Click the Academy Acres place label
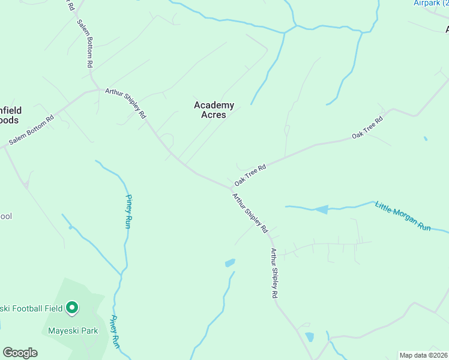[x=214, y=110]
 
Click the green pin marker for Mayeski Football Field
[x=72, y=308]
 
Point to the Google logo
[x=20, y=353]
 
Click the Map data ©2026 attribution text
[x=423, y=355]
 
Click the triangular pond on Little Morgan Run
[x=321, y=209]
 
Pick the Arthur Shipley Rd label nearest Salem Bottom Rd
[x=125, y=103]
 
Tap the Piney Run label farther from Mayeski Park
[x=128, y=211]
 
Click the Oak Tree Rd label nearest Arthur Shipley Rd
[x=250, y=175]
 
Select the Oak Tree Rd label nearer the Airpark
[x=367, y=128]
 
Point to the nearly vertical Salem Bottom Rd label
[x=85, y=43]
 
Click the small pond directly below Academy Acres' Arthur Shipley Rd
[x=230, y=263]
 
